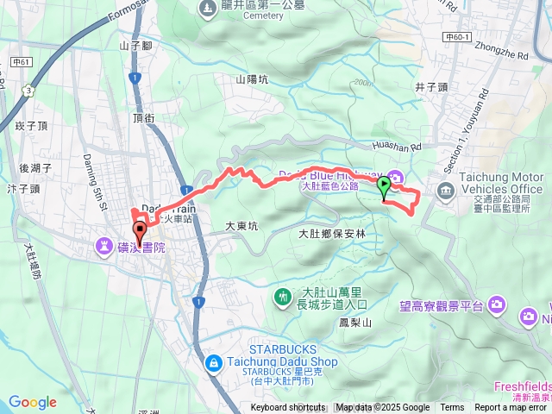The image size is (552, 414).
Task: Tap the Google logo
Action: pos(33,402)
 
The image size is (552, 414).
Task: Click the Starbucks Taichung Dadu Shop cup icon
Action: pos(213,365)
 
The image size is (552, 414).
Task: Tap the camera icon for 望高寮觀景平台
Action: pos(498,304)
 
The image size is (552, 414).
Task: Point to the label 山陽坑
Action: pos(252,79)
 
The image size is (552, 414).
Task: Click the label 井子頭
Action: pos(431,87)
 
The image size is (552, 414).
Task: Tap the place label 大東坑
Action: pos(241,226)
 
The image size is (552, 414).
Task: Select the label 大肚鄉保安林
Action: pos(332,234)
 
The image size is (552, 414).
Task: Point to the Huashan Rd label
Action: pos(397,147)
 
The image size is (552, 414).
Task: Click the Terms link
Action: pos(452,408)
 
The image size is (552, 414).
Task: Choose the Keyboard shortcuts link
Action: pos(288,408)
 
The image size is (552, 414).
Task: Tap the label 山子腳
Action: pos(135,45)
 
